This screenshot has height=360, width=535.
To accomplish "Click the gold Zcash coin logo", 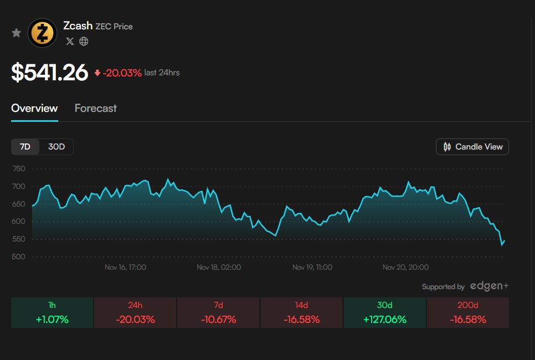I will [x=43, y=33].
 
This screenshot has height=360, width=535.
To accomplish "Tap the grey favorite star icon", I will [x=17, y=33].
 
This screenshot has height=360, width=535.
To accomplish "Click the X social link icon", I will [x=70, y=41].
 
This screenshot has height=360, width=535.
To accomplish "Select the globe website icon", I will [x=84, y=41].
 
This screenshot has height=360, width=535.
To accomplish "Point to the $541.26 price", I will [x=50, y=73].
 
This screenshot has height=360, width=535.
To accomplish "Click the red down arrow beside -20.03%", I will [x=97, y=73].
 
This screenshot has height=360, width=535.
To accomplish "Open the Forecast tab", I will [x=96, y=108].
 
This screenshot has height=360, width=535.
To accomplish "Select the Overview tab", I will [x=34, y=108].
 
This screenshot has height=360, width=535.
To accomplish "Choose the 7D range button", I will [x=25, y=147].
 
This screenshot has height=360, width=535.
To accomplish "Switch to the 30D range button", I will [x=56, y=147].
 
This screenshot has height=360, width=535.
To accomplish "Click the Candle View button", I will [x=472, y=147].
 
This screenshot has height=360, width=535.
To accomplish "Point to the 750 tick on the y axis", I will [x=19, y=169].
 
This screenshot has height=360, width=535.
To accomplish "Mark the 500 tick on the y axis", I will [x=19, y=257].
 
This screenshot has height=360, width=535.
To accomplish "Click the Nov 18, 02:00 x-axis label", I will [x=219, y=267].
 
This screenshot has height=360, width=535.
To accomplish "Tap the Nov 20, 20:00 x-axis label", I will [x=405, y=267].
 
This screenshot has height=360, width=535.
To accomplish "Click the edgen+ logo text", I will [x=489, y=286].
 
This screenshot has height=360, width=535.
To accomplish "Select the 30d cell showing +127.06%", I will [x=384, y=313].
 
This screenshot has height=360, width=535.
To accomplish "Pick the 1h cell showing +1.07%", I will [x=52, y=313].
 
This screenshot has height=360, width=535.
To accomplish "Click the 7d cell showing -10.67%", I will [x=218, y=313].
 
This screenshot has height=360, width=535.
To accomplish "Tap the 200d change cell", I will [x=467, y=313].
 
